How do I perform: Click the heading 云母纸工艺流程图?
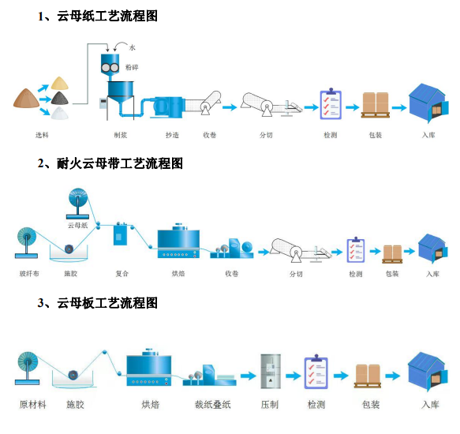point(107,16)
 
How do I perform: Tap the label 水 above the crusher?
point(133,47)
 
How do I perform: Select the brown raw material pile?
point(26,98)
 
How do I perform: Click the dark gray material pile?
point(60,98)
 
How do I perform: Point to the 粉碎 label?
point(132,67)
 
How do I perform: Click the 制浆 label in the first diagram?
point(120,135)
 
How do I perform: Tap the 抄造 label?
point(172,135)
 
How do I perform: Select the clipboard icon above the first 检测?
point(331,103)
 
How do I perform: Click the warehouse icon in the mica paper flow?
point(428,103)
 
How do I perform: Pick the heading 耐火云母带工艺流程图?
point(120,163)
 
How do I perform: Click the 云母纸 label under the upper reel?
point(78,226)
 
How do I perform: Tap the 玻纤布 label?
point(29,274)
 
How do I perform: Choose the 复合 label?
point(122,274)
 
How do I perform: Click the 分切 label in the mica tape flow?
point(296,274)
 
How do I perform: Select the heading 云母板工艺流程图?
point(107,303)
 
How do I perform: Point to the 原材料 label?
point(33,405)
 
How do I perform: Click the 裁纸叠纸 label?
point(213,405)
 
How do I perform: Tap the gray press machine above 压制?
point(271,371)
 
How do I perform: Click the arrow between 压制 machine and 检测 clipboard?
point(293,376)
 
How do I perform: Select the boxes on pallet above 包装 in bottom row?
point(368,376)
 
